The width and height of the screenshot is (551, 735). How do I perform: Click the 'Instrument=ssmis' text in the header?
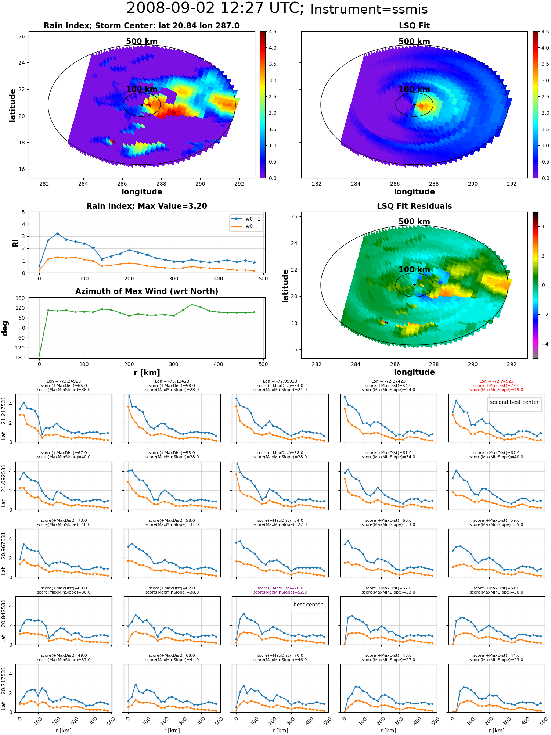(369, 10)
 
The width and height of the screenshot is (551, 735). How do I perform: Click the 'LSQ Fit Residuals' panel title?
(414, 206)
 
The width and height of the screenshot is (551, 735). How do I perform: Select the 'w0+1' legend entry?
(246, 219)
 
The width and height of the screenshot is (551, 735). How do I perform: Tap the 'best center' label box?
(308, 605)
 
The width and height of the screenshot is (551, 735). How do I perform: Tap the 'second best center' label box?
(514, 402)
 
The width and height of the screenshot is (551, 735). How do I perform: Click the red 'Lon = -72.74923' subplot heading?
(496, 381)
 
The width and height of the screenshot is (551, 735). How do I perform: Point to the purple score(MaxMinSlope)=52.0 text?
(280, 592)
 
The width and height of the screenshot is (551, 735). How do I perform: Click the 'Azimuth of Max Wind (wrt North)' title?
(147, 291)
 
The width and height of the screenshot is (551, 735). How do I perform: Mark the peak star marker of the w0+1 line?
(57, 234)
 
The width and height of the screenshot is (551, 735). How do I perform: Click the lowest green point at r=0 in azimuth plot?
(39, 355)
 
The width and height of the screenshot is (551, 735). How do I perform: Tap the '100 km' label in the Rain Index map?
(142, 89)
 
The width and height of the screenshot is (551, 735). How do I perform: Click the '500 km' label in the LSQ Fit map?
(414, 42)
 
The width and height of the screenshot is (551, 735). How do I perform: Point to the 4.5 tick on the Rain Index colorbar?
(273, 32)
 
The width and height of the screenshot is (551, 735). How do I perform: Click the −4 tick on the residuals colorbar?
(543, 344)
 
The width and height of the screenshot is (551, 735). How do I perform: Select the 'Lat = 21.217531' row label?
(4, 418)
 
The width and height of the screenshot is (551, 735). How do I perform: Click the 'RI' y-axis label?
(15, 243)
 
